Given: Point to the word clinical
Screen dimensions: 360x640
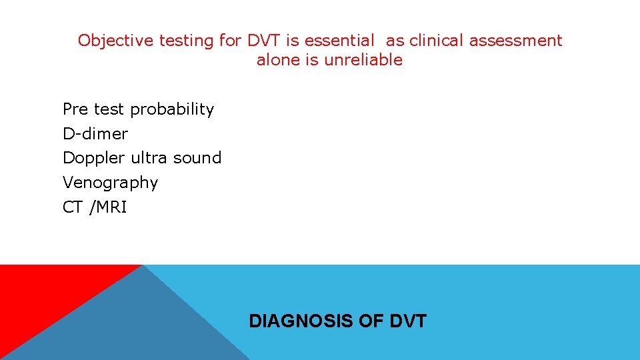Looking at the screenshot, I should coord(437,41).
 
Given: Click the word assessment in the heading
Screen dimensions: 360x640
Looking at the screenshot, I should coord(515,41).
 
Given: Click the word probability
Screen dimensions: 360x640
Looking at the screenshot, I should coord(173,109).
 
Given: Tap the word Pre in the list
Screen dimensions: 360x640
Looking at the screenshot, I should coord(76,109).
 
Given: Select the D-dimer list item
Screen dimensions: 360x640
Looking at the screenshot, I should coord(95,134).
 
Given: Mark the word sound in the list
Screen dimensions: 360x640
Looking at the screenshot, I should coord(197,158).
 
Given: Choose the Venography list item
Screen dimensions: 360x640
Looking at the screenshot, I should coord(110,183).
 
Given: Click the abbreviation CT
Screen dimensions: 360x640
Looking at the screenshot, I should coord(72,207).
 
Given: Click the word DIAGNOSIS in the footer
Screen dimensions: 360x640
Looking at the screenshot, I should coord(301,321).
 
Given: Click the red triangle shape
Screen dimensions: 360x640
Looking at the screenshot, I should coord(40,293).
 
